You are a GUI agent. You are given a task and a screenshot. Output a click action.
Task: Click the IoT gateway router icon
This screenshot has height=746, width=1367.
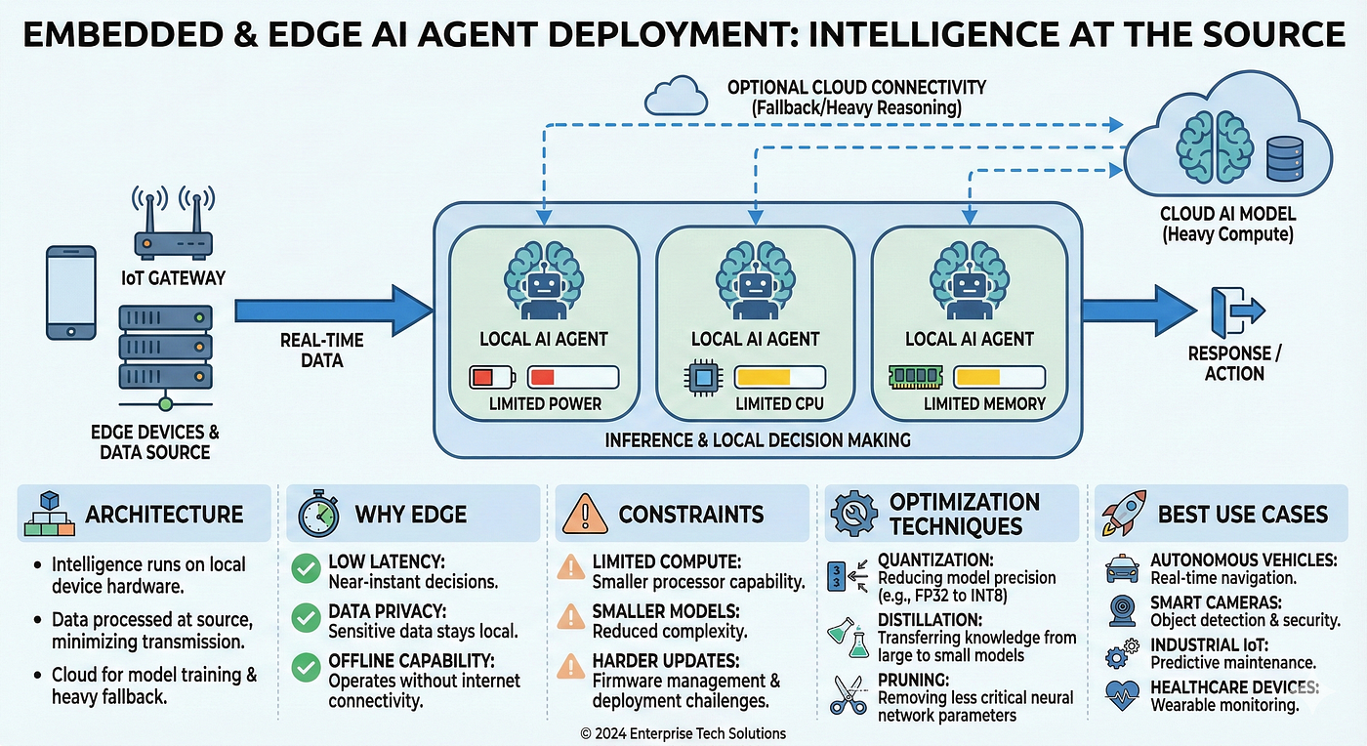click(171, 227)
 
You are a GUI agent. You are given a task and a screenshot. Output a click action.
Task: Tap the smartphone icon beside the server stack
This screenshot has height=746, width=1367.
click(71, 292)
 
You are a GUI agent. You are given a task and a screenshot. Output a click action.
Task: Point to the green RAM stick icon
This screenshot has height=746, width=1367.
click(916, 378)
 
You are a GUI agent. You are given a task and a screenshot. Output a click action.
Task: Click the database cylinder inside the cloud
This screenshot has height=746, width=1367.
click(1283, 158)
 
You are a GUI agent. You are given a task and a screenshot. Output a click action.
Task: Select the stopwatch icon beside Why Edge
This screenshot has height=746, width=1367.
click(318, 514)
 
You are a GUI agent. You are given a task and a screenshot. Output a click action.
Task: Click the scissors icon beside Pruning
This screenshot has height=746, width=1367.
click(847, 694)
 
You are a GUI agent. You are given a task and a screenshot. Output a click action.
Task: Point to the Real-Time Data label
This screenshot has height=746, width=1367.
click(321, 350)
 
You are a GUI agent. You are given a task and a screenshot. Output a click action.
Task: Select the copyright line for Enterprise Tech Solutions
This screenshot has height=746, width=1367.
click(683, 733)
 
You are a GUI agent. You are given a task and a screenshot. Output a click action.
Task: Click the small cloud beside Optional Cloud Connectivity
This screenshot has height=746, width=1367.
click(676, 96)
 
